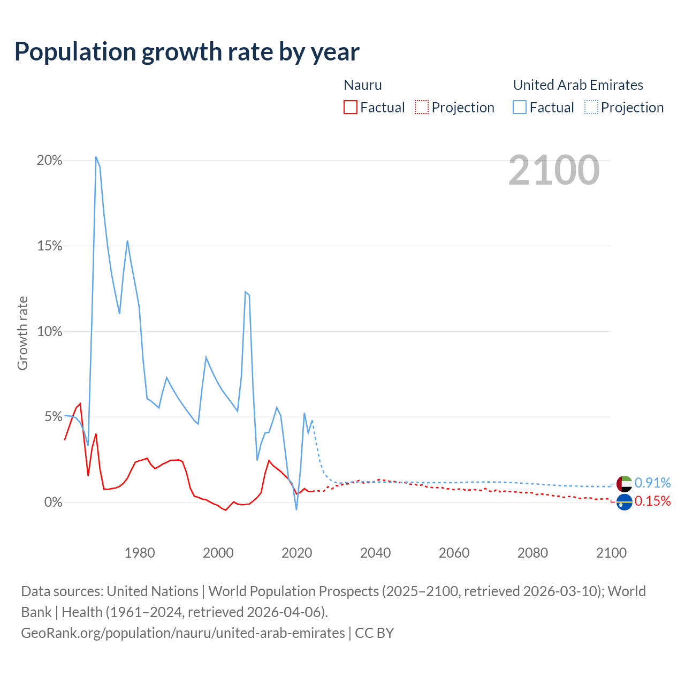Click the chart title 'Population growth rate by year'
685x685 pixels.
[187, 52]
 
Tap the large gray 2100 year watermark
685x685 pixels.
[554, 170]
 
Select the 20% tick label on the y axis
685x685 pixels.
[49, 161]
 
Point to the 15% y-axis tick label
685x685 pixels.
[49, 246]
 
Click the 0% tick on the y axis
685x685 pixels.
[53, 503]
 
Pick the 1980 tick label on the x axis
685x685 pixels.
[140, 553]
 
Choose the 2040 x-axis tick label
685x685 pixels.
[375, 553]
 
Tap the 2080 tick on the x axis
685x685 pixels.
[532, 553]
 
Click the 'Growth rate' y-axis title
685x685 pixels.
[22, 333]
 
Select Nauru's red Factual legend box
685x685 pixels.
[350, 107]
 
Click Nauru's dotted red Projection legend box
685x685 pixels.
[422, 107]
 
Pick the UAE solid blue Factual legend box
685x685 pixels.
[519, 107]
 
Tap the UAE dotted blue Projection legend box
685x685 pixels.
[591, 107]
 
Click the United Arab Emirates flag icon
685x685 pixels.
[624, 483]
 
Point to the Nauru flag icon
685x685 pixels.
[624, 502]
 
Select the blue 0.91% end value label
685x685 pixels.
[652, 483]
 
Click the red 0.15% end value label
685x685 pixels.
[652, 501]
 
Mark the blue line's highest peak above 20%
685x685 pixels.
[96, 157]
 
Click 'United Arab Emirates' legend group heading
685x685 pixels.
[578, 85]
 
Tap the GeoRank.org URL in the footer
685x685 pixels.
[183, 633]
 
